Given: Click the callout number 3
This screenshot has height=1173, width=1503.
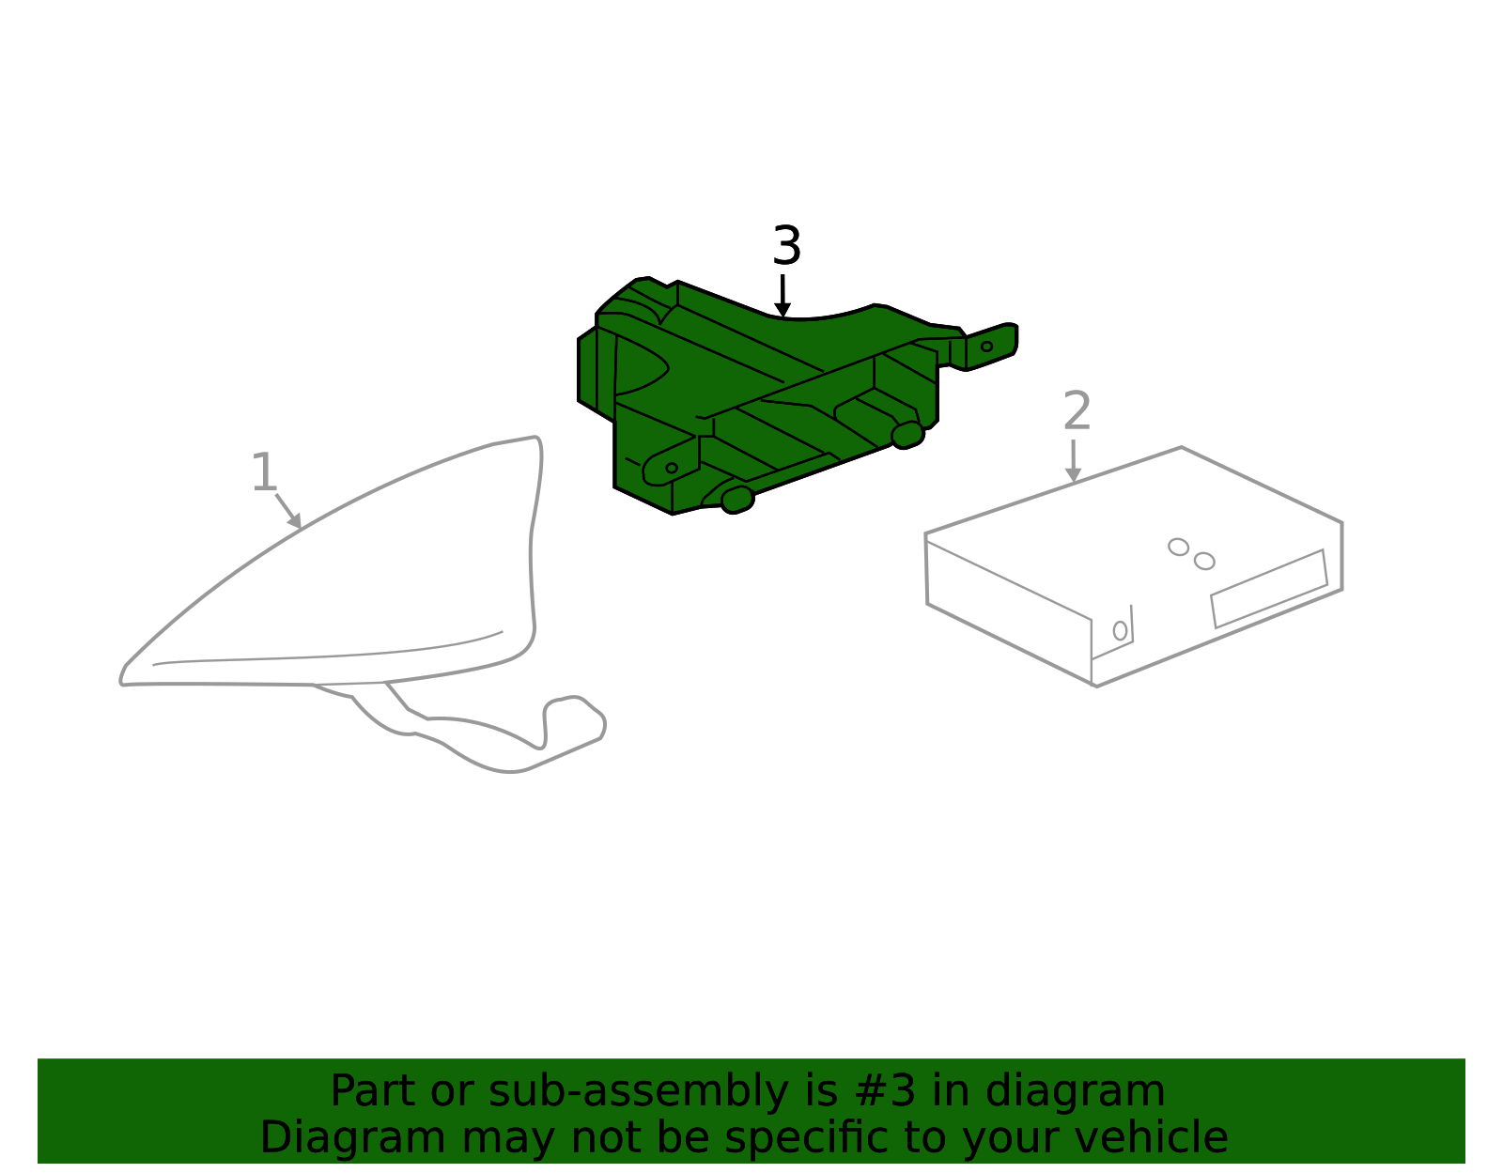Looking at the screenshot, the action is point(786,245).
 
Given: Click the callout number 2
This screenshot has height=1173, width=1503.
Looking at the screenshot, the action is point(1077,411).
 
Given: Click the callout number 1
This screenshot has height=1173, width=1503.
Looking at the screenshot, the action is point(264,472).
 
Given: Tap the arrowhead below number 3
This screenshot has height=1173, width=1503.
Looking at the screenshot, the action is point(782,310).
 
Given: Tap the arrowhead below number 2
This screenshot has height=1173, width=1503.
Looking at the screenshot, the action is point(1073,475).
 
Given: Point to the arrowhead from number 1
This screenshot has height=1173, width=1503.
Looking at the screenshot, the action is point(295,520).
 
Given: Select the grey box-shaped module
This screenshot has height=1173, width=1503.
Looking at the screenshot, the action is point(1135,567).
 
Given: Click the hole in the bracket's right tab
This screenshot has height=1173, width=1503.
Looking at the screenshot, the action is point(987,347).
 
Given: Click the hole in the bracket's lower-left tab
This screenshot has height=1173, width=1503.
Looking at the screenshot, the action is point(672,469).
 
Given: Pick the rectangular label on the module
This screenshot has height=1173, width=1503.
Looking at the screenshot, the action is point(1269,589).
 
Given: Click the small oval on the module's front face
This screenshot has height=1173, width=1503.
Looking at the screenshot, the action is point(1120,630).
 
